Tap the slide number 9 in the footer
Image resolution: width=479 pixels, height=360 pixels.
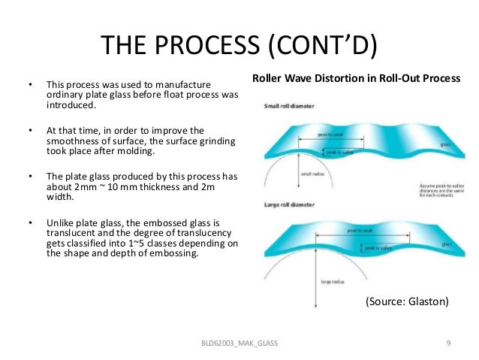[447, 343]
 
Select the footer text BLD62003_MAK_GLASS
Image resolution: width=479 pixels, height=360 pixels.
[239, 343]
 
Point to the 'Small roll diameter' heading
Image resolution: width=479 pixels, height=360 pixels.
[289, 106]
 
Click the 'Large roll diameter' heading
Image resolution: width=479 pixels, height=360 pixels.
[289, 204]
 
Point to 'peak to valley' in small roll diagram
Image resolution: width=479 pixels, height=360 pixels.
[339, 151]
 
